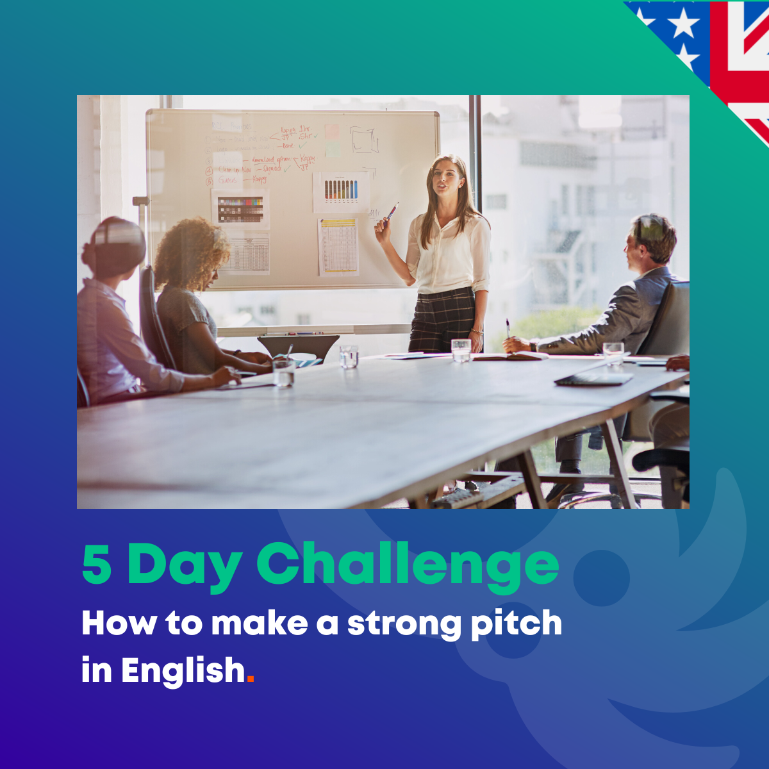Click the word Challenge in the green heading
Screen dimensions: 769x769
pos(408,564)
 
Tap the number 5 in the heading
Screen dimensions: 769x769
pos(97,564)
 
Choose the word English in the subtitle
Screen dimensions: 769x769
pos(183,672)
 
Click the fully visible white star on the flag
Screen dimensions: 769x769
pos(683,23)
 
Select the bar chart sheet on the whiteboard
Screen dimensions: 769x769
pos(341,190)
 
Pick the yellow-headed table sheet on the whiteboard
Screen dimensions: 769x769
pos(338,246)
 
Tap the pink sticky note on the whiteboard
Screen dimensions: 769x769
pos(332,132)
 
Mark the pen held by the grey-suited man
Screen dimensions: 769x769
pos(508,328)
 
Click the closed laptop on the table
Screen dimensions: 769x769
pos(593,379)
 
